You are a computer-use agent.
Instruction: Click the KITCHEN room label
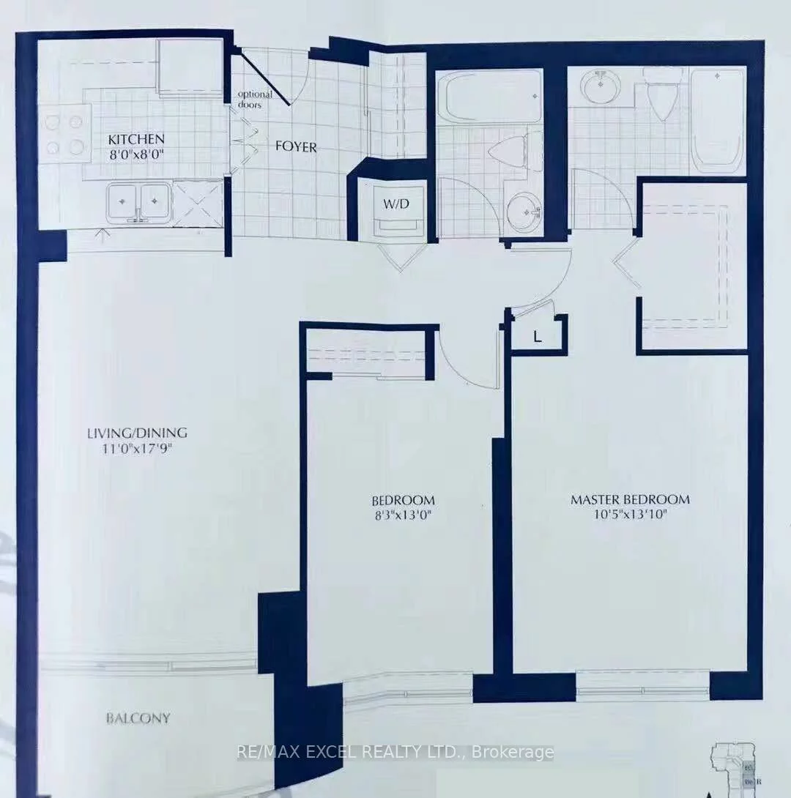(136, 139)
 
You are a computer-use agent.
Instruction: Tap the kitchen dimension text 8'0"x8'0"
(136, 153)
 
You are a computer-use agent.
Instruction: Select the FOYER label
(296, 147)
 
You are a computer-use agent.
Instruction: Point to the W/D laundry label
(392, 204)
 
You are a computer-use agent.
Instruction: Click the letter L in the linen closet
(537, 338)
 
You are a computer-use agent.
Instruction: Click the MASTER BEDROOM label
(630, 500)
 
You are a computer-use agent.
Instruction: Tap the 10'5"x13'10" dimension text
(630, 514)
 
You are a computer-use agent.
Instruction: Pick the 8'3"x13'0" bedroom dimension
(402, 515)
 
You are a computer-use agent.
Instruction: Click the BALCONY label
(138, 718)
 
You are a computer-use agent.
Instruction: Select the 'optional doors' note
(253, 99)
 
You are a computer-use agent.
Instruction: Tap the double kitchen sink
(138, 202)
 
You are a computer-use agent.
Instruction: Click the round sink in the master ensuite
(601, 87)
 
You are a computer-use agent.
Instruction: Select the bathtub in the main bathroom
(489, 97)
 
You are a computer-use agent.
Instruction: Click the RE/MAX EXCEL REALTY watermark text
(395, 752)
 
